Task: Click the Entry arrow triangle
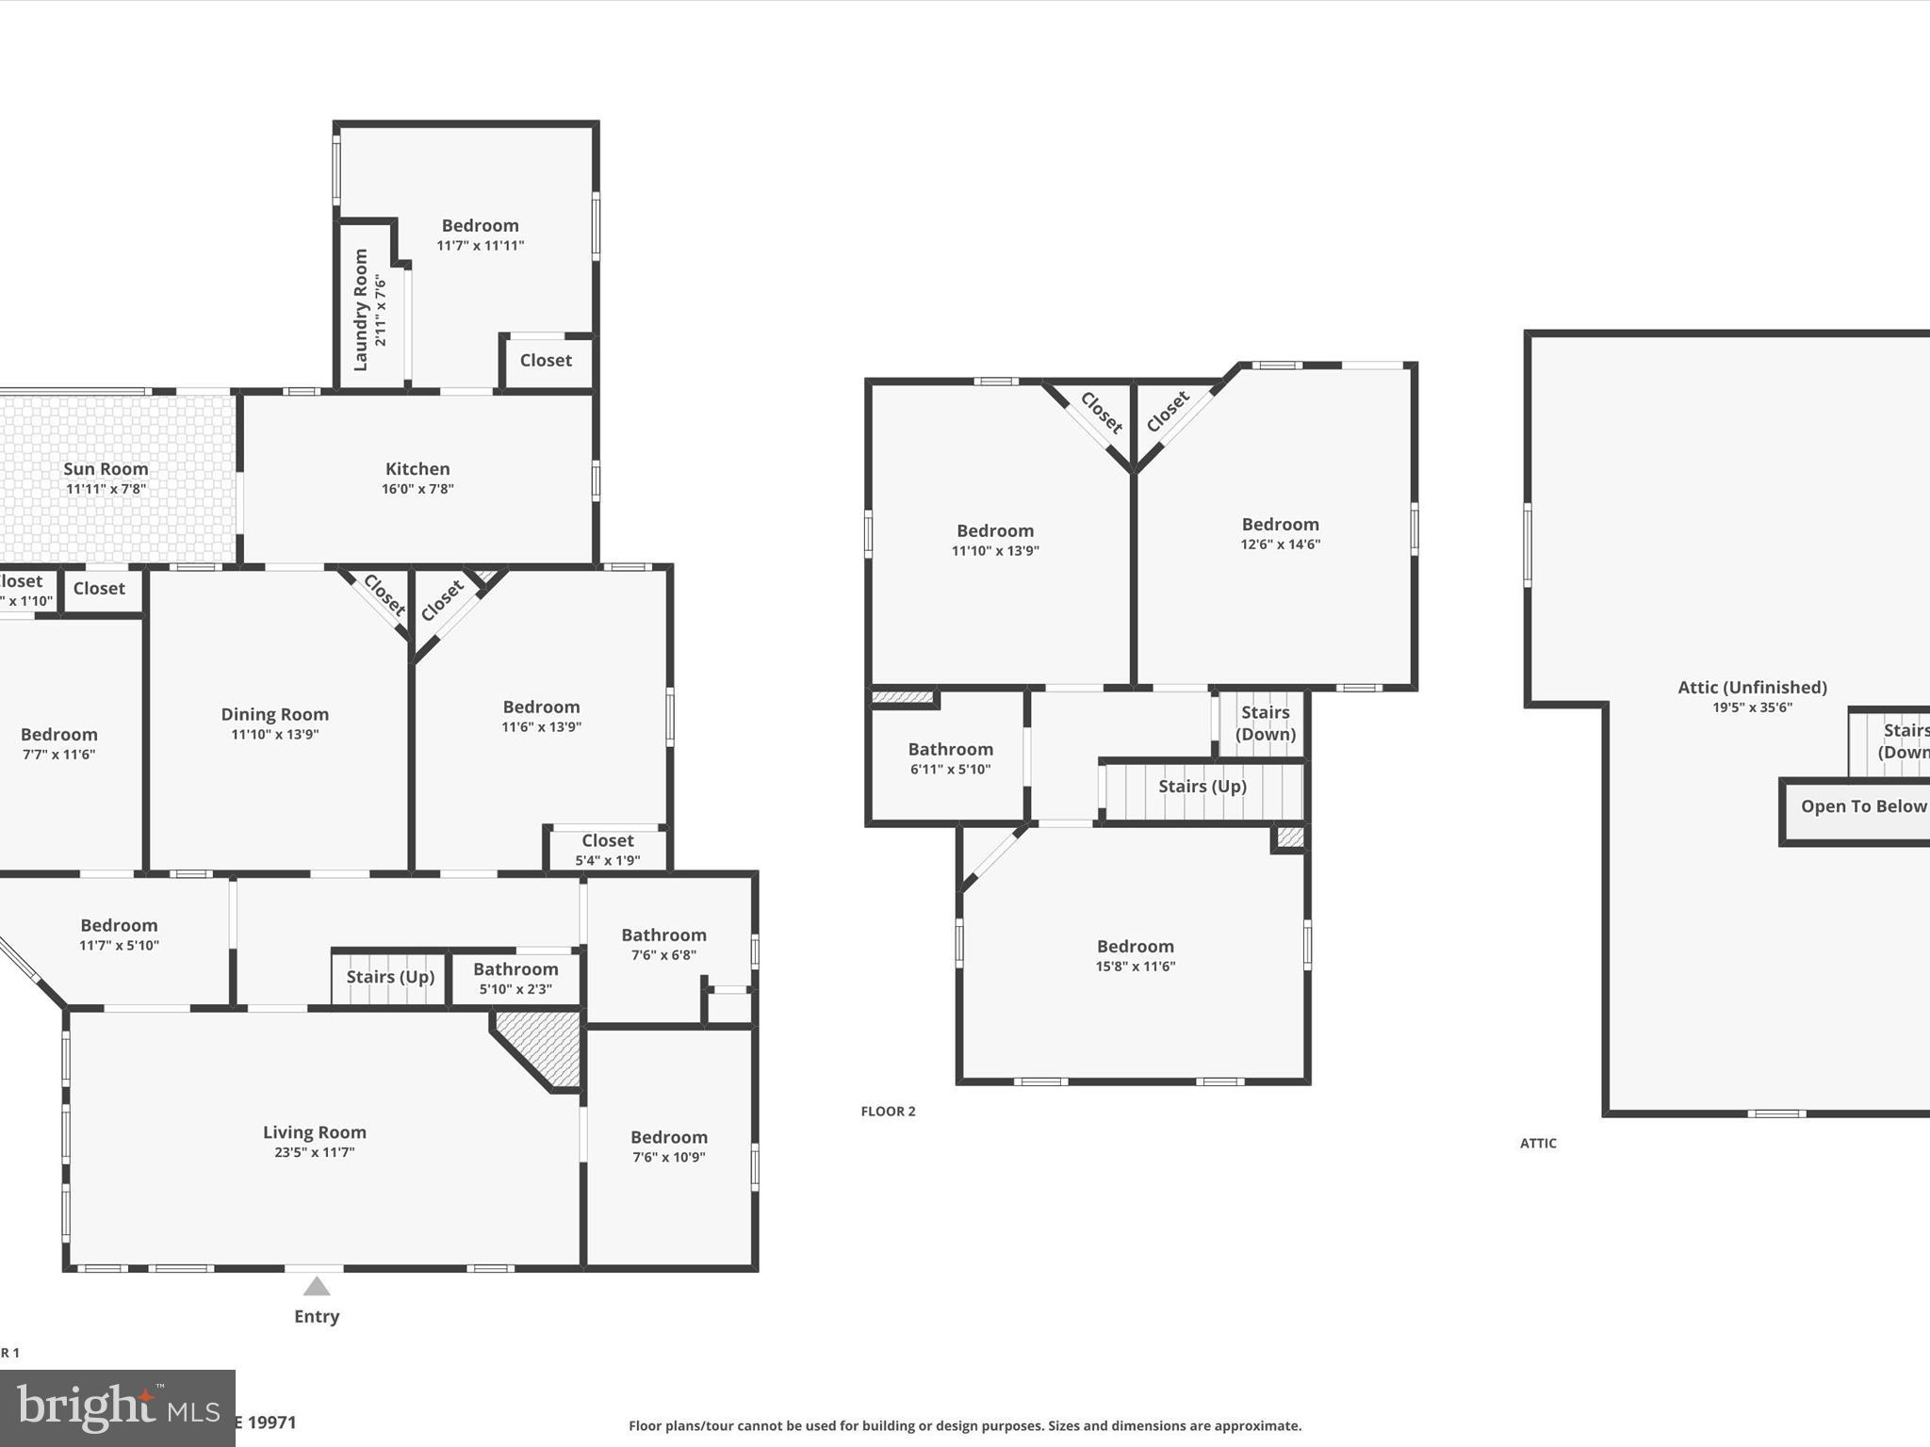tap(317, 1287)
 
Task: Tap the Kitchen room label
tap(417, 469)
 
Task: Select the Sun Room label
tap(106, 469)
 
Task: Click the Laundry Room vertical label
tap(361, 310)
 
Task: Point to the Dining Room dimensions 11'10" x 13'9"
tap(275, 735)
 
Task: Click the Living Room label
tap(315, 1132)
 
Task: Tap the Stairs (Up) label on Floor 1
tap(390, 977)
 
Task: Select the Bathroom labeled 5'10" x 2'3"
tap(515, 978)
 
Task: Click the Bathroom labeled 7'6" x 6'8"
tap(663, 944)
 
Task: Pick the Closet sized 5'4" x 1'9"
tap(608, 849)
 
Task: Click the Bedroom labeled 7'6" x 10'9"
tap(669, 1146)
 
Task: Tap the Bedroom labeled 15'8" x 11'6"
tap(1136, 955)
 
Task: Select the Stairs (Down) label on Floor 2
tap(1265, 723)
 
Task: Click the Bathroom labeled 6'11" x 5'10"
tap(950, 758)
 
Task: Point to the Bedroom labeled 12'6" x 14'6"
tap(1280, 533)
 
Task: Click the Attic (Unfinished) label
tap(1752, 688)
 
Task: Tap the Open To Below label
tap(1863, 806)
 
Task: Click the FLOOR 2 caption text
tap(888, 1112)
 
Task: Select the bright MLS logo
tap(117, 1407)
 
